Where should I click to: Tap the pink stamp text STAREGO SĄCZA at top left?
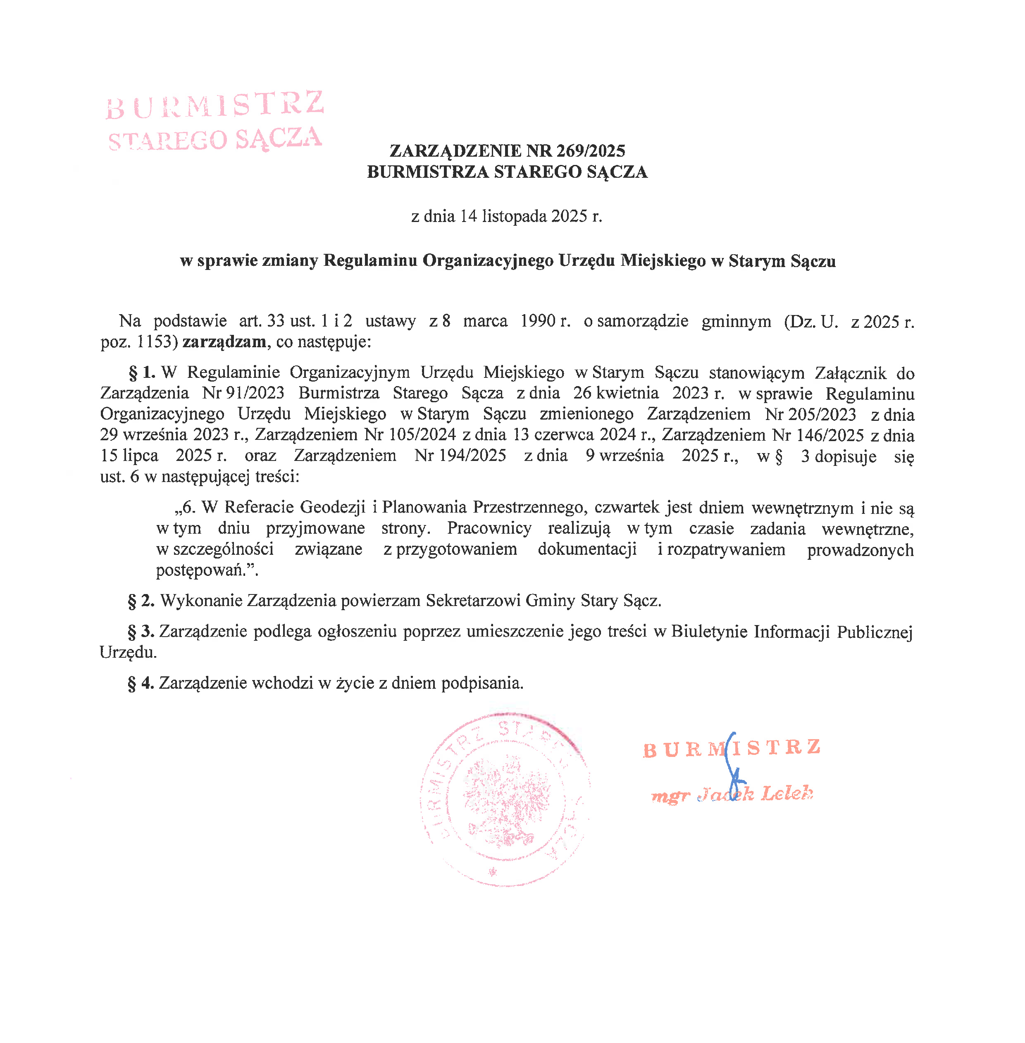215,139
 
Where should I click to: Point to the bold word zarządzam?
224,342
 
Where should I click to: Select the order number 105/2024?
422,434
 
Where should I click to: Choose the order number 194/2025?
472,456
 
